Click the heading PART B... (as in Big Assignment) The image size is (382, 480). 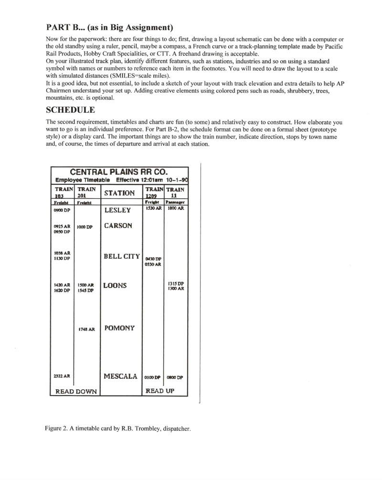(109, 26)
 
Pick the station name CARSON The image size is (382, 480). (118, 226)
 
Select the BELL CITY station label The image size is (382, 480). (122, 256)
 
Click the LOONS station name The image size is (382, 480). (115, 286)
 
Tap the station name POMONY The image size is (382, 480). (119, 328)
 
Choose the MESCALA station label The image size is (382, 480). (120, 376)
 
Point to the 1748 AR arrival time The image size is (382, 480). (86, 329)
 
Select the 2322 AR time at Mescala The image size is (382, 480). (62, 376)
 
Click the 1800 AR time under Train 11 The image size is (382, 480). (175, 209)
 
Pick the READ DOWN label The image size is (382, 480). (76, 392)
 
